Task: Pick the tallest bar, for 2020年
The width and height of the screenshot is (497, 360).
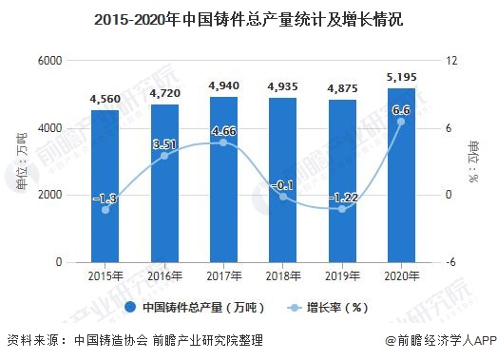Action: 401,175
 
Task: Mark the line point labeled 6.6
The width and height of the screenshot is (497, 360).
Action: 401,122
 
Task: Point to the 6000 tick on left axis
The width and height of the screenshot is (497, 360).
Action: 49,61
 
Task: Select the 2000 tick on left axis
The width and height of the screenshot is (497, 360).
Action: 49,195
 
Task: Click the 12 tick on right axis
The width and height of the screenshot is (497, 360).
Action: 452,61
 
